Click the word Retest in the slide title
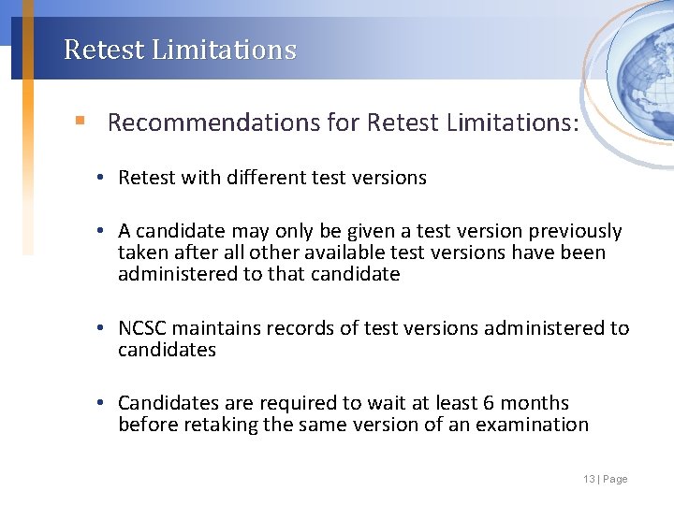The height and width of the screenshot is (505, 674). click(x=95, y=50)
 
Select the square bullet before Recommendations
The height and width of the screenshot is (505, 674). click(x=81, y=122)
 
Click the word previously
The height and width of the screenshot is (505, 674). click(x=575, y=231)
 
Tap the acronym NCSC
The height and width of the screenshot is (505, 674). click(x=142, y=328)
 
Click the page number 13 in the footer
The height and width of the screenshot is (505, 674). click(x=589, y=480)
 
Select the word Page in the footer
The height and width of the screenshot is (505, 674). click(x=616, y=480)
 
